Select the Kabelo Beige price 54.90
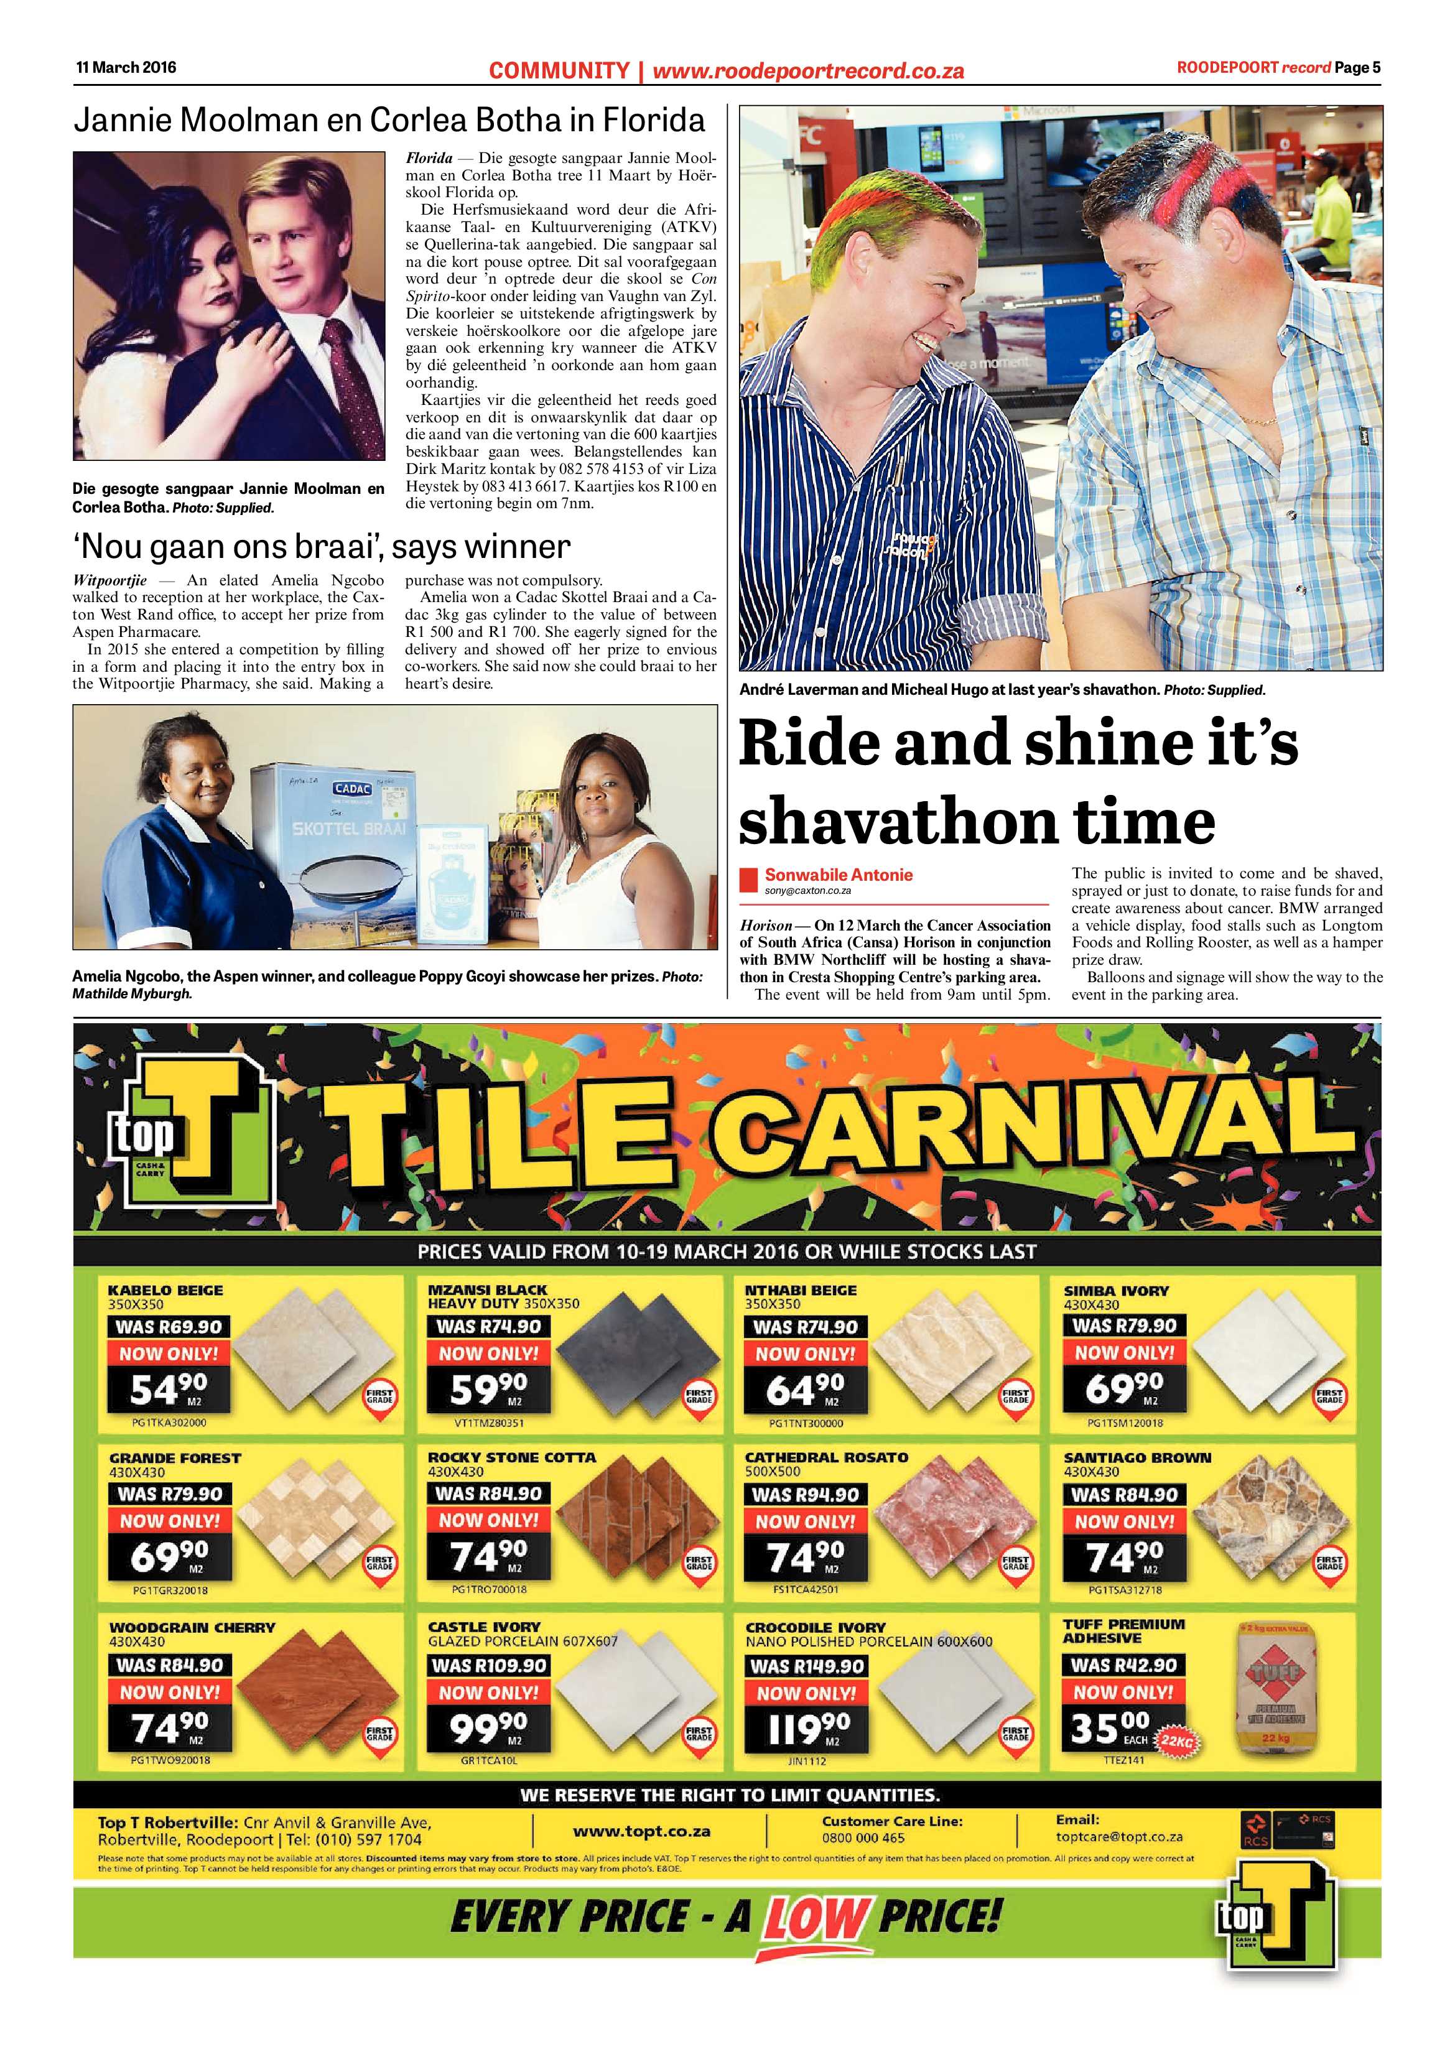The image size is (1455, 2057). pyautogui.click(x=169, y=1390)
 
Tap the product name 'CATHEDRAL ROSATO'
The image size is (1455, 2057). pyautogui.click(x=826, y=1457)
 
